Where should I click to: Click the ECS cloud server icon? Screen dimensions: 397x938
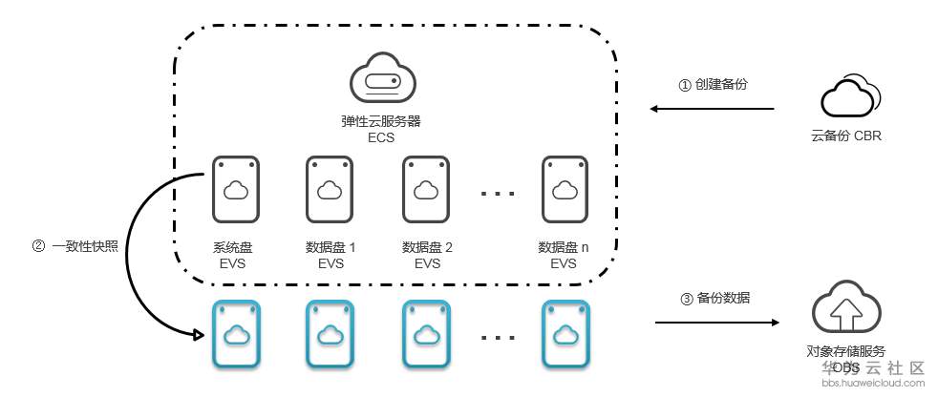tap(381, 80)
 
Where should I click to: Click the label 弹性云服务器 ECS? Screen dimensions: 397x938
tap(381, 130)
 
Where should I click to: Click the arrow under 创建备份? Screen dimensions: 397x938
tap(713, 110)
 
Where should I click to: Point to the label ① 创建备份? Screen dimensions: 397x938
tap(713, 85)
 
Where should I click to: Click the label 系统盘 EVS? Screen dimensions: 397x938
tap(233, 255)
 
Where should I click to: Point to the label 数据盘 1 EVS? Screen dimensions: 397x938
tap(330, 255)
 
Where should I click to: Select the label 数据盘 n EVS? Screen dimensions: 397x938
tap(564, 255)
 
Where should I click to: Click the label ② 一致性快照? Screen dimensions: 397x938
tap(75, 245)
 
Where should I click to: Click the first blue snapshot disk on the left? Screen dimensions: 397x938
tap(235, 334)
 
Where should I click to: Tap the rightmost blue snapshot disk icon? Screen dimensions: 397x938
tap(564, 334)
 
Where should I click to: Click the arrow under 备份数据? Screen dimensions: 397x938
tap(716, 324)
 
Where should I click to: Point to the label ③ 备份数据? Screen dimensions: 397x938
tap(715, 298)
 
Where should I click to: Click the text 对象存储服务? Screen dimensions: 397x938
tap(845, 352)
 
